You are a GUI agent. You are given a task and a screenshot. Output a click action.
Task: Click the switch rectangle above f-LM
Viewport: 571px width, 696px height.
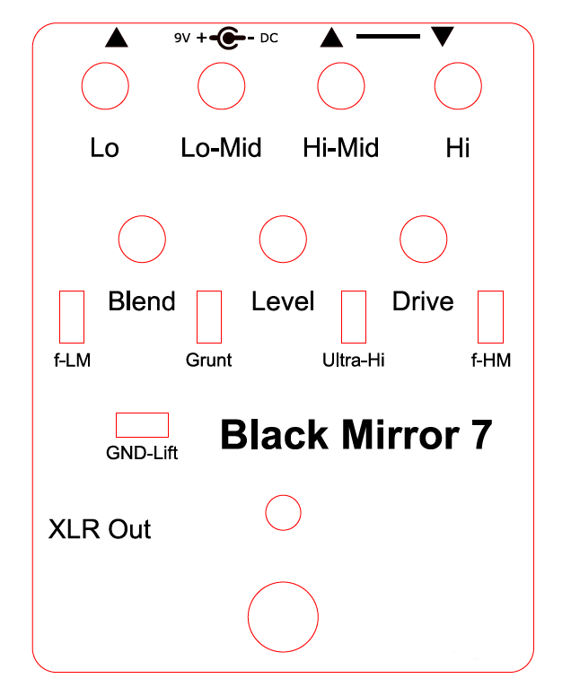point(59,317)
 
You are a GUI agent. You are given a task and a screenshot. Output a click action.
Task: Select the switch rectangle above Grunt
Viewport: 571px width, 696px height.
point(197,317)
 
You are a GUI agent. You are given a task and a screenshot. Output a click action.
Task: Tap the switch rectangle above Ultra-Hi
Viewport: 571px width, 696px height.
point(341,317)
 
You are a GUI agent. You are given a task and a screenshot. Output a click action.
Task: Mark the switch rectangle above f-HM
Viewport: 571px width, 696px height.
point(479,317)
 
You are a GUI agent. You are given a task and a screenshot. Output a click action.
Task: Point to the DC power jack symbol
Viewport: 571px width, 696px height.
point(228,39)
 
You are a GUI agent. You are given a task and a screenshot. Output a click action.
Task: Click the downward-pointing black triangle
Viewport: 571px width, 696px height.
point(443,36)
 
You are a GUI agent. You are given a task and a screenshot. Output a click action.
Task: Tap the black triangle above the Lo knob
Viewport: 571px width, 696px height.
point(117,38)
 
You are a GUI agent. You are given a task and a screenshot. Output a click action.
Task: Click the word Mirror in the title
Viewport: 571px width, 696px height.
point(400,435)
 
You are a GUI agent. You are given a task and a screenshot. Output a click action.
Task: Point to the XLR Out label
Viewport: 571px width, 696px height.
point(100,529)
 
